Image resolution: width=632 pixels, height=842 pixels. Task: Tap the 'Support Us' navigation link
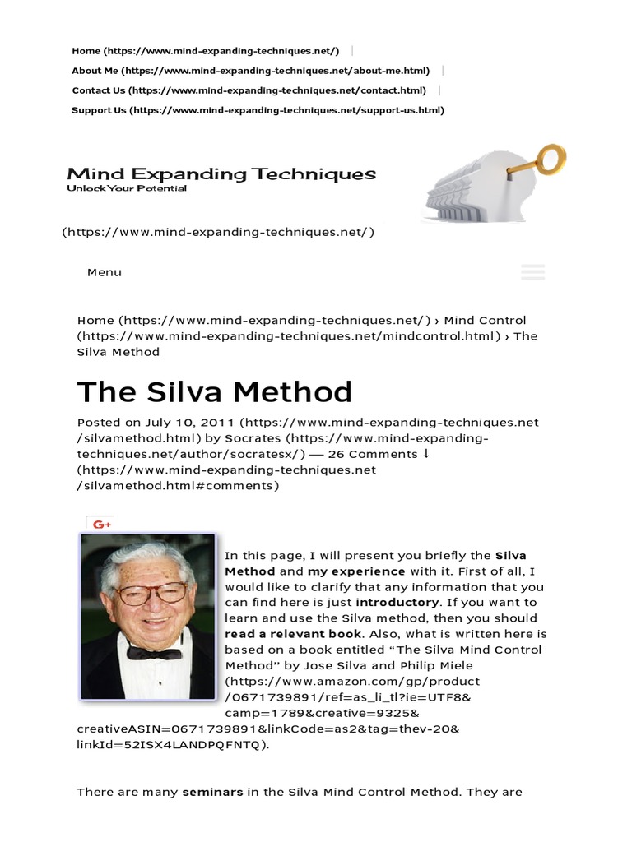tap(100, 110)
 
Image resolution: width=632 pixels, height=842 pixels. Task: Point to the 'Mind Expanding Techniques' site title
tap(221, 173)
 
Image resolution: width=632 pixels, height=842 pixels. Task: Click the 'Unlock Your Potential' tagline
tap(127, 188)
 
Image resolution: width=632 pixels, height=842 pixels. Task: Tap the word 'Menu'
tap(105, 272)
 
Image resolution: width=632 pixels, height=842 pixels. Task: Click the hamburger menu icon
tap(533, 272)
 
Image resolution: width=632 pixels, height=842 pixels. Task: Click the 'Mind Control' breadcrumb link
tap(485, 320)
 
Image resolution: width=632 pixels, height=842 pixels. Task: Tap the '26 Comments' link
tap(373, 454)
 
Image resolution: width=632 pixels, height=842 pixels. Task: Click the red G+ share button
tap(102, 524)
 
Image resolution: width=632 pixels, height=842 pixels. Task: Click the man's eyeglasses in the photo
tap(152, 592)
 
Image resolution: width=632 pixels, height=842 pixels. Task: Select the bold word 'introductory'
tap(402, 603)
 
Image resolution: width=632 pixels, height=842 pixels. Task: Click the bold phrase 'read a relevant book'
tap(293, 634)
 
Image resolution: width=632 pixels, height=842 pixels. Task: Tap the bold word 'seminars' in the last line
tap(212, 793)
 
